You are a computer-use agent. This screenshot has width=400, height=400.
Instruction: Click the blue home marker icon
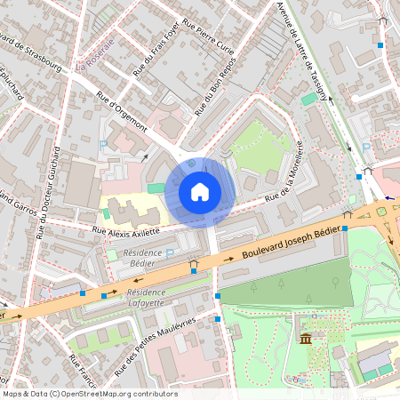pos(200,191)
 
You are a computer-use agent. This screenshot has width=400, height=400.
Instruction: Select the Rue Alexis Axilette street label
pos(126,231)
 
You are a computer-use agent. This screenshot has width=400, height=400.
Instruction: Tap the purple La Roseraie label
pos(95,55)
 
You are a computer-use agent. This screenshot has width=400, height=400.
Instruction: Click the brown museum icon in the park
pos(306,339)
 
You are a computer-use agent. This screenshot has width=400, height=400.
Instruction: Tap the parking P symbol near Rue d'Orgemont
pos(104,145)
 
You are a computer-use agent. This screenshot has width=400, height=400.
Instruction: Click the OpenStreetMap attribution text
pos(89,393)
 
